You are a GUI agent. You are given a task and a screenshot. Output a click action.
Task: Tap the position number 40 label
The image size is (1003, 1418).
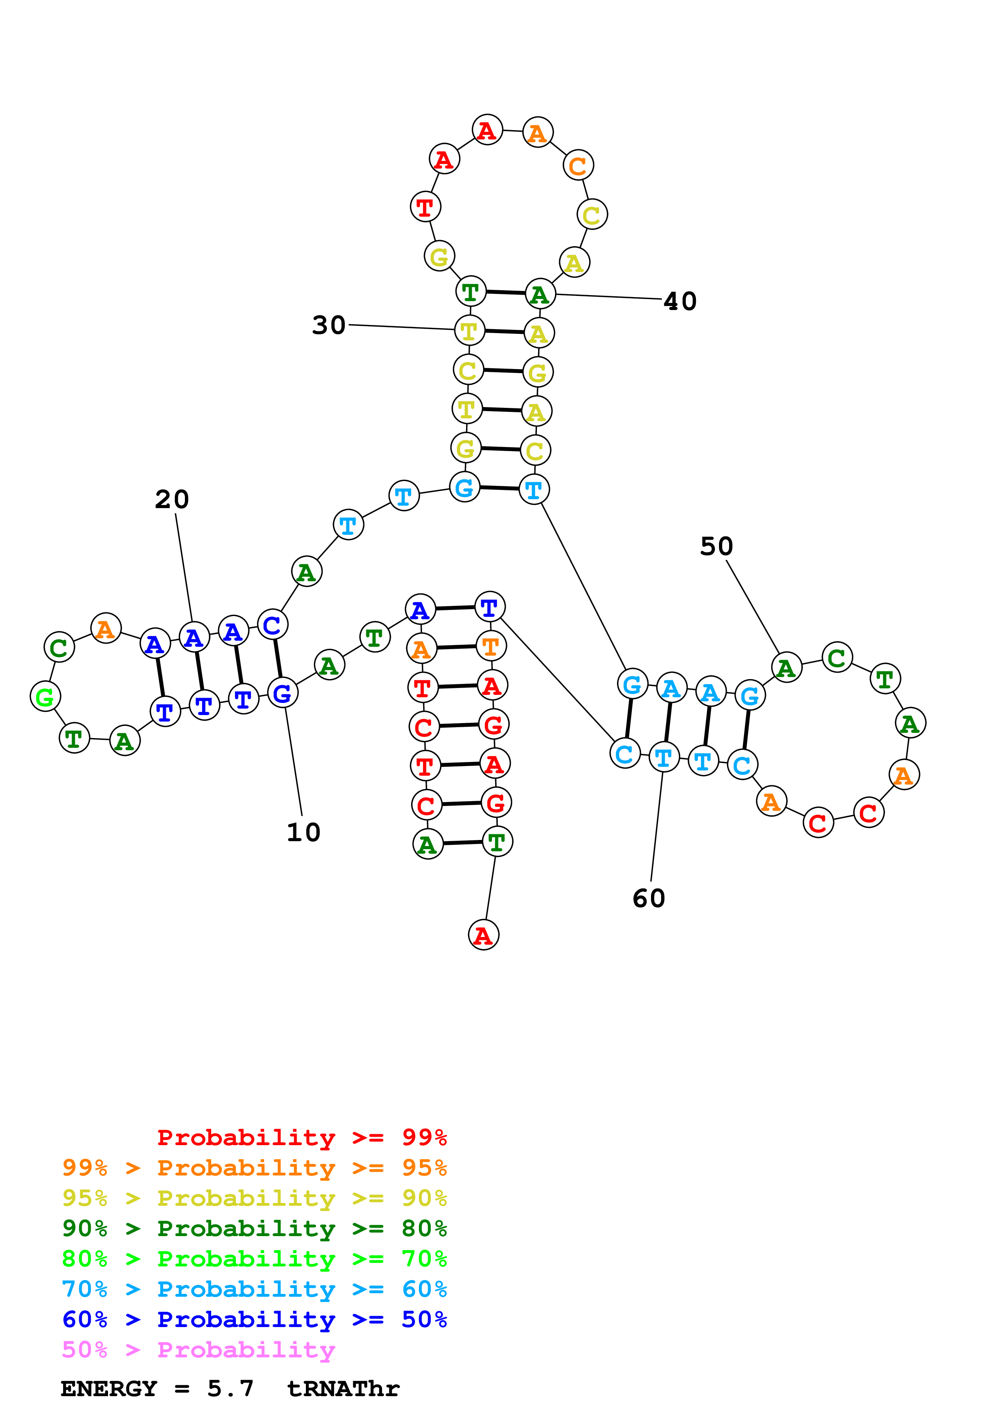click(x=680, y=302)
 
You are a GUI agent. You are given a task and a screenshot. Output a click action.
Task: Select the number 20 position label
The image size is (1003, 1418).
click(x=172, y=499)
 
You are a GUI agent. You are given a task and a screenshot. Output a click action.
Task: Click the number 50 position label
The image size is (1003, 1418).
click(x=716, y=546)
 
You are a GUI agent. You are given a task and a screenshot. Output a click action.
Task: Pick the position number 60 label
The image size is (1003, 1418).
click(x=649, y=899)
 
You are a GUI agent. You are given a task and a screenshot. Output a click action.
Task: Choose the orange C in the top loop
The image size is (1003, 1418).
click(x=578, y=165)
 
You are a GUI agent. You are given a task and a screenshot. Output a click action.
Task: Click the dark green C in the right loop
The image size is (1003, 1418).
click(x=837, y=657)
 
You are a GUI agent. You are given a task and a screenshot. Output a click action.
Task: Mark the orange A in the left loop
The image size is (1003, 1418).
click(x=106, y=629)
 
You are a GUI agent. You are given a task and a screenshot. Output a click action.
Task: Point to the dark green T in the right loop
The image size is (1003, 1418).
click(x=885, y=679)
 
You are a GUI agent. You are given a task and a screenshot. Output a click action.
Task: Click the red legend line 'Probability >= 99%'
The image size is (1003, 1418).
click(x=301, y=1137)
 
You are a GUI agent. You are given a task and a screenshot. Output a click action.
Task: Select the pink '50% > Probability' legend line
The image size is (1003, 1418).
click(x=198, y=1350)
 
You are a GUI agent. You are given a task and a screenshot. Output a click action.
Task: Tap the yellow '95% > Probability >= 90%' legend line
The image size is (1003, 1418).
click(x=254, y=1198)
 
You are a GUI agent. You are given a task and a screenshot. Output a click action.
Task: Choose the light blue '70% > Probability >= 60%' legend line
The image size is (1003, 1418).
click(x=254, y=1289)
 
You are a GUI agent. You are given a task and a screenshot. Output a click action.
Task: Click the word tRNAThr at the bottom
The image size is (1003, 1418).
click(x=343, y=1389)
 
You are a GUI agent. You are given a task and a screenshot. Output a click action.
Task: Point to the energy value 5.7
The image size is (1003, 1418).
click(x=230, y=1389)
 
